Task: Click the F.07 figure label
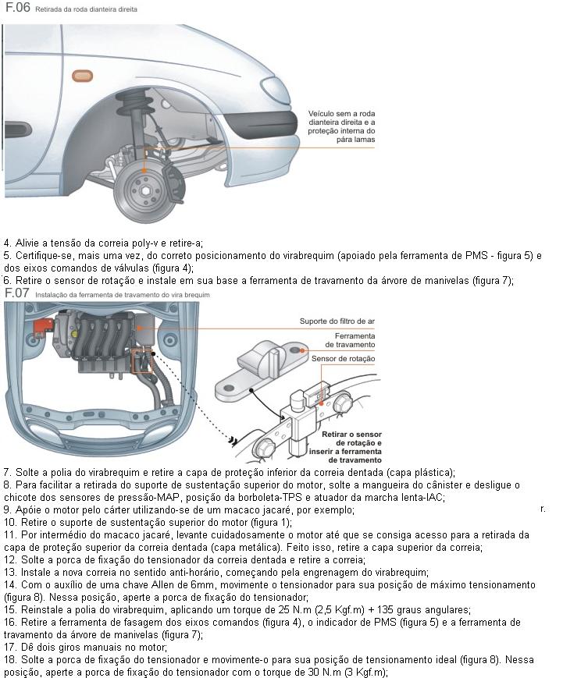(16, 293)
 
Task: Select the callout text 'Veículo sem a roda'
(342, 113)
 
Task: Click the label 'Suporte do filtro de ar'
(337, 321)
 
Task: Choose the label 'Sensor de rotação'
(343, 359)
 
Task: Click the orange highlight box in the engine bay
(144, 360)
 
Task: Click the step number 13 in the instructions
(10, 572)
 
